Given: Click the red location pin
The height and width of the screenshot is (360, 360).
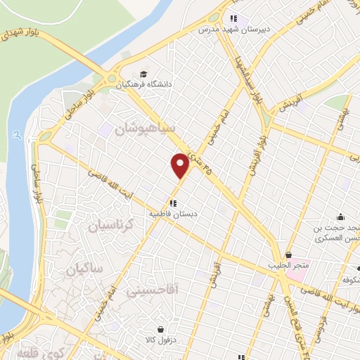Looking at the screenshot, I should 180,165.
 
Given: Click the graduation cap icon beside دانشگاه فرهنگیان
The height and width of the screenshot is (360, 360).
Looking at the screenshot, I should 143,73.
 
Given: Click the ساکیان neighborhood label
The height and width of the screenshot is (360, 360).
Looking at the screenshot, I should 85,269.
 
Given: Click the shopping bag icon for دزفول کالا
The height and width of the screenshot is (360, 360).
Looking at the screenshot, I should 161,329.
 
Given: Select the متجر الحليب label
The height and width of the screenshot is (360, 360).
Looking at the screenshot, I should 288,266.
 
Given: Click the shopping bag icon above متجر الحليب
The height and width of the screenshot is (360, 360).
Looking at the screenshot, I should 288,255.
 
